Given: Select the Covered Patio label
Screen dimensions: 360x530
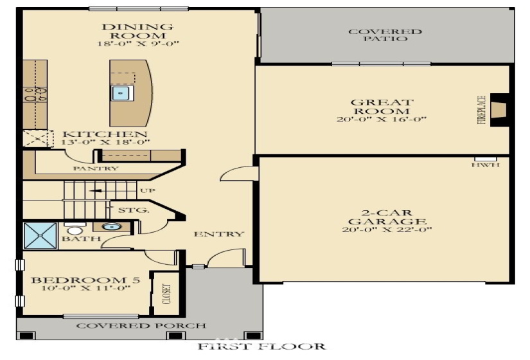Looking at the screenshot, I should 385,35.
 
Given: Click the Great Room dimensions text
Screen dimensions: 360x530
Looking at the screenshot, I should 382,120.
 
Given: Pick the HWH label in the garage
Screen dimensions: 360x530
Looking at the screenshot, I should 485,165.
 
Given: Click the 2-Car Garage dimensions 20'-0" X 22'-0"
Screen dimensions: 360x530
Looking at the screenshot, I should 386,230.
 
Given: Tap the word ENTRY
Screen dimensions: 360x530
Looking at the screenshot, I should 219,234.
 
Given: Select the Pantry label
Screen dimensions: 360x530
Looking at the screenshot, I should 96,169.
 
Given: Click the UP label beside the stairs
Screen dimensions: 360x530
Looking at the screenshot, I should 146,191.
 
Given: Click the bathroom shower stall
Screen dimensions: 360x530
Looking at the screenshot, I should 40,236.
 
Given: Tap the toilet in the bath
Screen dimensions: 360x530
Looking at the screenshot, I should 75,230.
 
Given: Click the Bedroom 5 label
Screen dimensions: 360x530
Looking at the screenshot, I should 77,280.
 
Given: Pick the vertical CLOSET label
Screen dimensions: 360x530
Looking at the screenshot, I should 166,294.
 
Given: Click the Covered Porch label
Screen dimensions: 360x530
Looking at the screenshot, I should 141,326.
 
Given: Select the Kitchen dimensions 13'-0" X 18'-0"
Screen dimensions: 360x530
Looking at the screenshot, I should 106,142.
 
